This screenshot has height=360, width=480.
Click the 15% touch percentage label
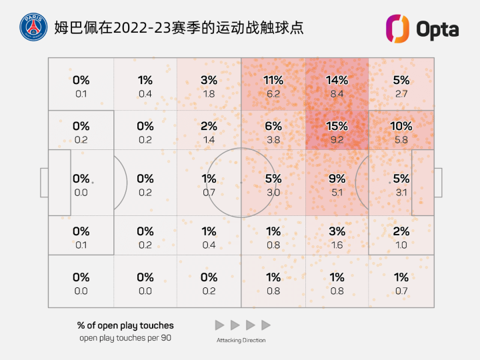pyautogui.click(x=337, y=126)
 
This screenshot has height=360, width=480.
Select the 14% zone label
pyautogui.click(x=337, y=80)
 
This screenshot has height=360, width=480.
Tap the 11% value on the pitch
pyautogui.click(x=273, y=80)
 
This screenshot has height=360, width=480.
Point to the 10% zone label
pyautogui.click(x=401, y=126)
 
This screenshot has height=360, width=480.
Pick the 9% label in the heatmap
pyautogui.click(x=337, y=179)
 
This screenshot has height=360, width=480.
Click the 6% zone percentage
pyautogui.click(x=273, y=126)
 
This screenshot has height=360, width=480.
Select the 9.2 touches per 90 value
pyautogui.click(x=337, y=140)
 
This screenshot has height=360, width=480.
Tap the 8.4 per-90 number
pyautogui.click(x=337, y=94)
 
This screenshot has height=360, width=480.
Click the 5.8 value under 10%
pyautogui.click(x=401, y=140)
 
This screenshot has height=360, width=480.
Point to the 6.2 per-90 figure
pyautogui.click(x=273, y=94)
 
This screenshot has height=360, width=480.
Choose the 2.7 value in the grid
pyautogui.click(x=401, y=94)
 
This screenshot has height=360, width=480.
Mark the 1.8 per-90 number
pyautogui.click(x=209, y=94)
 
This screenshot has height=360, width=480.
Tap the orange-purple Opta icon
pyautogui.click(x=398, y=29)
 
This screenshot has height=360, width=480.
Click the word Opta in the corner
pyautogui.click(x=437, y=29)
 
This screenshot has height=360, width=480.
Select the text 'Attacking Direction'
pyautogui.click(x=241, y=341)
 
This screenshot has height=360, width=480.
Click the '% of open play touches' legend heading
pyautogui.click(x=125, y=326)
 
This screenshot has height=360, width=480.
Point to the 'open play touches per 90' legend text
pyautogui.click(x=125, y=338)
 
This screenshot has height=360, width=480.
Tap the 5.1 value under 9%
pyautogui.click(x=337, y=193)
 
